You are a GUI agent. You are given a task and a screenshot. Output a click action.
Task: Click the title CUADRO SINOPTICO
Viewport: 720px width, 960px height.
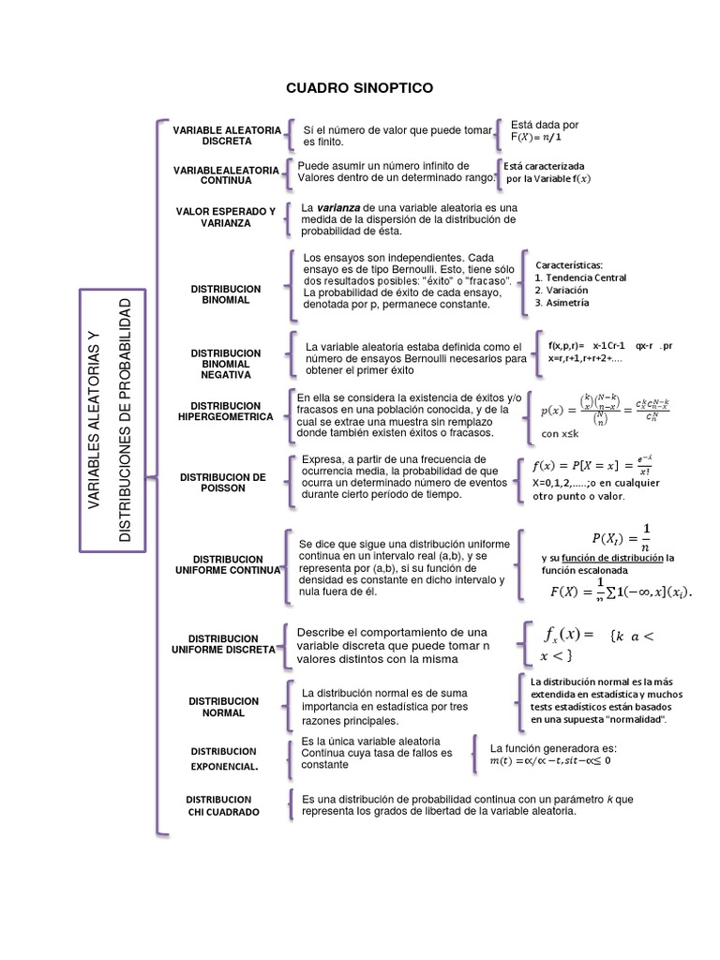point(360,87)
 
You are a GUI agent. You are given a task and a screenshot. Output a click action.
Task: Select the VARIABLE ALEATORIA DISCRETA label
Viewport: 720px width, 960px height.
point(226,135)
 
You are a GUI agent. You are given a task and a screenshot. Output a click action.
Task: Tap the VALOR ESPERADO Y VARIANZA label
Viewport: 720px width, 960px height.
point(226,217)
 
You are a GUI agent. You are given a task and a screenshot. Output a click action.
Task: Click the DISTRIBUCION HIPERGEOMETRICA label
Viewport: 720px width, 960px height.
point(225,411)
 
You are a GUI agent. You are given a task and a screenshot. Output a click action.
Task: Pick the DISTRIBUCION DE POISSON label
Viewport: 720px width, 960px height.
point(223,482)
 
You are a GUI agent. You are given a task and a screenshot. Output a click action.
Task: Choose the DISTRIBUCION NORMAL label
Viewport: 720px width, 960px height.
point(224,707)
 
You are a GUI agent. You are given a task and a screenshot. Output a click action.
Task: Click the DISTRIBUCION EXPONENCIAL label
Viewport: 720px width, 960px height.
point(224,758)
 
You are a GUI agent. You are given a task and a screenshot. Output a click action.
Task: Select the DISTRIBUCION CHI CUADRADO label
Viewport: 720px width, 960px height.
point(224,805)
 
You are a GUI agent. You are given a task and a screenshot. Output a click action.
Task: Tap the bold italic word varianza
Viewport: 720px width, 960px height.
point(336,207)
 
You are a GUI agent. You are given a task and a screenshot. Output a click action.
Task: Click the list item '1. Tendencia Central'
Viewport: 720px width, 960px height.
point(580,277)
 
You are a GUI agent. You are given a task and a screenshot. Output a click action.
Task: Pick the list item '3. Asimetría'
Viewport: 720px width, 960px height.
point(562,303)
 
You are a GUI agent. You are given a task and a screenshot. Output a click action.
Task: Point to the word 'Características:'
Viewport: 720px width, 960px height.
point(569,264)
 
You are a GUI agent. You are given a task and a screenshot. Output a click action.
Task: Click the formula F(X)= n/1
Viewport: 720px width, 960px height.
point(536,137)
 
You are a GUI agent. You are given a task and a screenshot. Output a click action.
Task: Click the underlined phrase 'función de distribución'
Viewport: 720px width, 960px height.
point(614,558)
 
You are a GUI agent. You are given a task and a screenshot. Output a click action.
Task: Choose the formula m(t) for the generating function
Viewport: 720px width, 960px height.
point(549,760)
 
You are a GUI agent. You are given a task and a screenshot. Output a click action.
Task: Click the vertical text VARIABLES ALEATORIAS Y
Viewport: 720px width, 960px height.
point(94,420)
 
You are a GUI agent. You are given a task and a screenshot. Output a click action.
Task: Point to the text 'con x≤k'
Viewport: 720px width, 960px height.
point(561,434)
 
